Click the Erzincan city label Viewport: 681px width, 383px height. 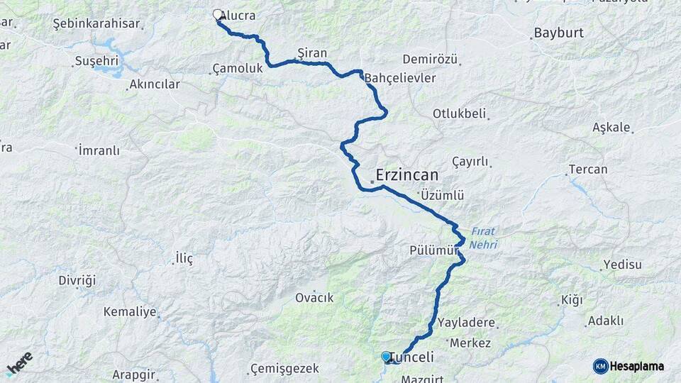[407, 174]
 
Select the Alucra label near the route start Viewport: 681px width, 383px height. [239, 15]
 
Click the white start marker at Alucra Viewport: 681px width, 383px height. [218, 14]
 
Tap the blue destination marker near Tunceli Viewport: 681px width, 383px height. [386, 356]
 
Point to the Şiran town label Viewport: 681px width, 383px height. [312, 52]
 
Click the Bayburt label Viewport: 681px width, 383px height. [558, 33]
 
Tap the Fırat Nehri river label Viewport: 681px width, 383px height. [483, 238]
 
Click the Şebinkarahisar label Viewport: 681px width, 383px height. [96, 23]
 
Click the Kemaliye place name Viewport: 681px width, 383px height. [128, 311]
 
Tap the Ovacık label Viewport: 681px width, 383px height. [314, 298]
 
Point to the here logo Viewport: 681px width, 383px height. [20, 363]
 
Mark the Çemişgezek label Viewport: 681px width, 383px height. [284, 369]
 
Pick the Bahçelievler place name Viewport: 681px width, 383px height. [400, 78]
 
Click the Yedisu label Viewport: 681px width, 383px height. [622, 265]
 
